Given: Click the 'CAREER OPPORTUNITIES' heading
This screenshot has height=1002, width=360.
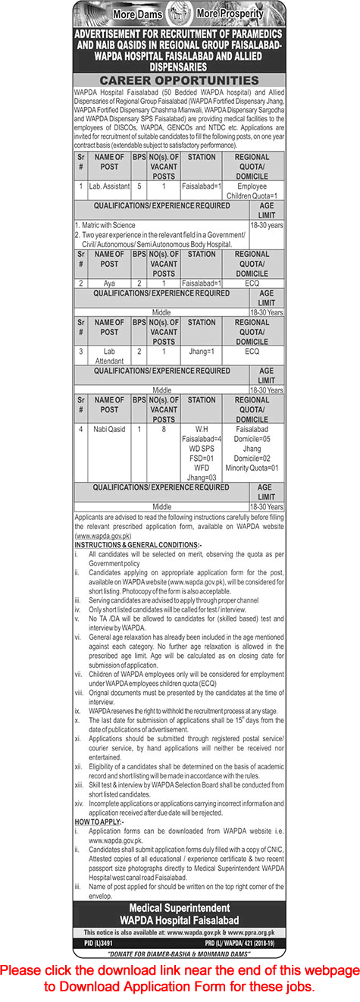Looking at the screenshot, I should (x=180, y=80).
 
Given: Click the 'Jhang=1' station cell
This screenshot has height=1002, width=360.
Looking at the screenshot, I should (x=202, y=352).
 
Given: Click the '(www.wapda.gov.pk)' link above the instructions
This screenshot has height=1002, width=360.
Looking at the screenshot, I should (x=105, y=534).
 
